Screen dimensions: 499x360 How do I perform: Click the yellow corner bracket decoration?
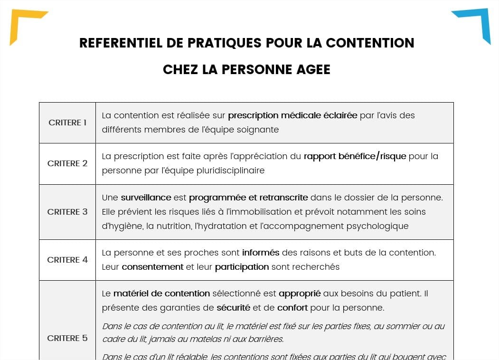[21, 21]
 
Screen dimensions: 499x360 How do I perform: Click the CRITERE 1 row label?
[67, 123]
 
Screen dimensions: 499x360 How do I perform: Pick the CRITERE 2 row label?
[67, 163]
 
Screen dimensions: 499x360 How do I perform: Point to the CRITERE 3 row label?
[67, 212]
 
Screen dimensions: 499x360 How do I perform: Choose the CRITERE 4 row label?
[67, 260]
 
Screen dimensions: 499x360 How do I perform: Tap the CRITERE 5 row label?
[67, 338]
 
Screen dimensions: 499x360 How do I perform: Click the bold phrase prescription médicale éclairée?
[292, 115]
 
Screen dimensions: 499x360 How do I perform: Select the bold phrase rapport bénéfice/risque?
[355, 156]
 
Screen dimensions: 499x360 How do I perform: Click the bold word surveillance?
[146, 198]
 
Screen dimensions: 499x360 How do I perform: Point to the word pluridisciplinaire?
[230, 171]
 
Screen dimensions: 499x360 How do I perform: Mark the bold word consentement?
[152, 267]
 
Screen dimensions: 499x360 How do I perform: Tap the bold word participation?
[242, 267]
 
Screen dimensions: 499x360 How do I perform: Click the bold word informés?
[261, 253]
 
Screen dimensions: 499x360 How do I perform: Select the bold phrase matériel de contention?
[161, 294]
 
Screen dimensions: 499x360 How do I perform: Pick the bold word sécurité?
[233, 308]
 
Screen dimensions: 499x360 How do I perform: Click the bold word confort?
[292, 308]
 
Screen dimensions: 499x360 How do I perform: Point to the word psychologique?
[373, 226]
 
